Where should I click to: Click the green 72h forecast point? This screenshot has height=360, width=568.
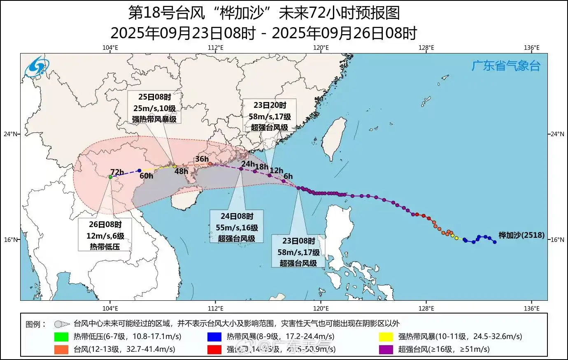[x=110, y=177]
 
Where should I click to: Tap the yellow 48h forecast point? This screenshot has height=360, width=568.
[x=175, y=166]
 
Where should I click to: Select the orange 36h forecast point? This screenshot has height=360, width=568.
[x=210, y=164]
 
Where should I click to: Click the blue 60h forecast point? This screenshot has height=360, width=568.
[x=139, y=170]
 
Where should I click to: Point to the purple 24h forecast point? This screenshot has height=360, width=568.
[x=241, y=169]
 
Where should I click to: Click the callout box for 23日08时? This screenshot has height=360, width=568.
[x=298, y=251]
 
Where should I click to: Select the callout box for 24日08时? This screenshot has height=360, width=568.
[x=236, y=226]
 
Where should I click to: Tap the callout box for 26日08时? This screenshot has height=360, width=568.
[x=105, y=235]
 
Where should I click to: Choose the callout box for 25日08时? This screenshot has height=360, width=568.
[x=154, y=107]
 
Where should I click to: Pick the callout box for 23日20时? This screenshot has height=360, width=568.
[x=269, y=116]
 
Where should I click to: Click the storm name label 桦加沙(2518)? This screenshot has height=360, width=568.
[x=521, y=235]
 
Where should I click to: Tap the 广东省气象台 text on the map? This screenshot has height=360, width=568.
[x=505, y=66]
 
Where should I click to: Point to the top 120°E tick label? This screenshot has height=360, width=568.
[x=321, y=48]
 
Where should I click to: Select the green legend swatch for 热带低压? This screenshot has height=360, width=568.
[x=61, y=337]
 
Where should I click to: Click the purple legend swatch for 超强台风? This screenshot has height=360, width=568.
[x=386, y=349]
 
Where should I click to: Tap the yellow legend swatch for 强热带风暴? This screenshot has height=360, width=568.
[x=386, y=337]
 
